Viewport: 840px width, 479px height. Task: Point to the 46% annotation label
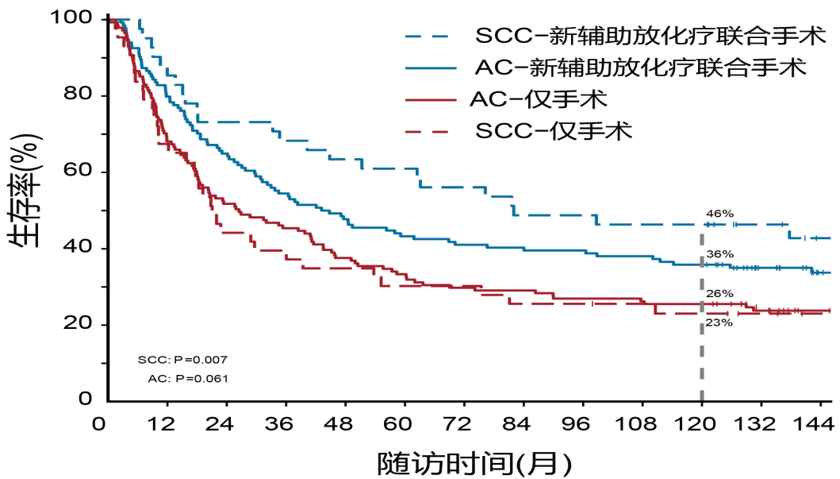720,214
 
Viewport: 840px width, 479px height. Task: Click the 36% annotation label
720,253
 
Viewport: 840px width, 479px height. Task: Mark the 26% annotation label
720,293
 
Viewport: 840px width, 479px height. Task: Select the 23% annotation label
720,323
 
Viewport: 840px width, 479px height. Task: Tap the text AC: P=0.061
188,379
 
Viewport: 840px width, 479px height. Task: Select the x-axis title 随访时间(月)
474,462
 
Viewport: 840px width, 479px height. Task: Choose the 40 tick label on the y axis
82,248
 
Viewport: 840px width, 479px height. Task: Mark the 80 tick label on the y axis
82,95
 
